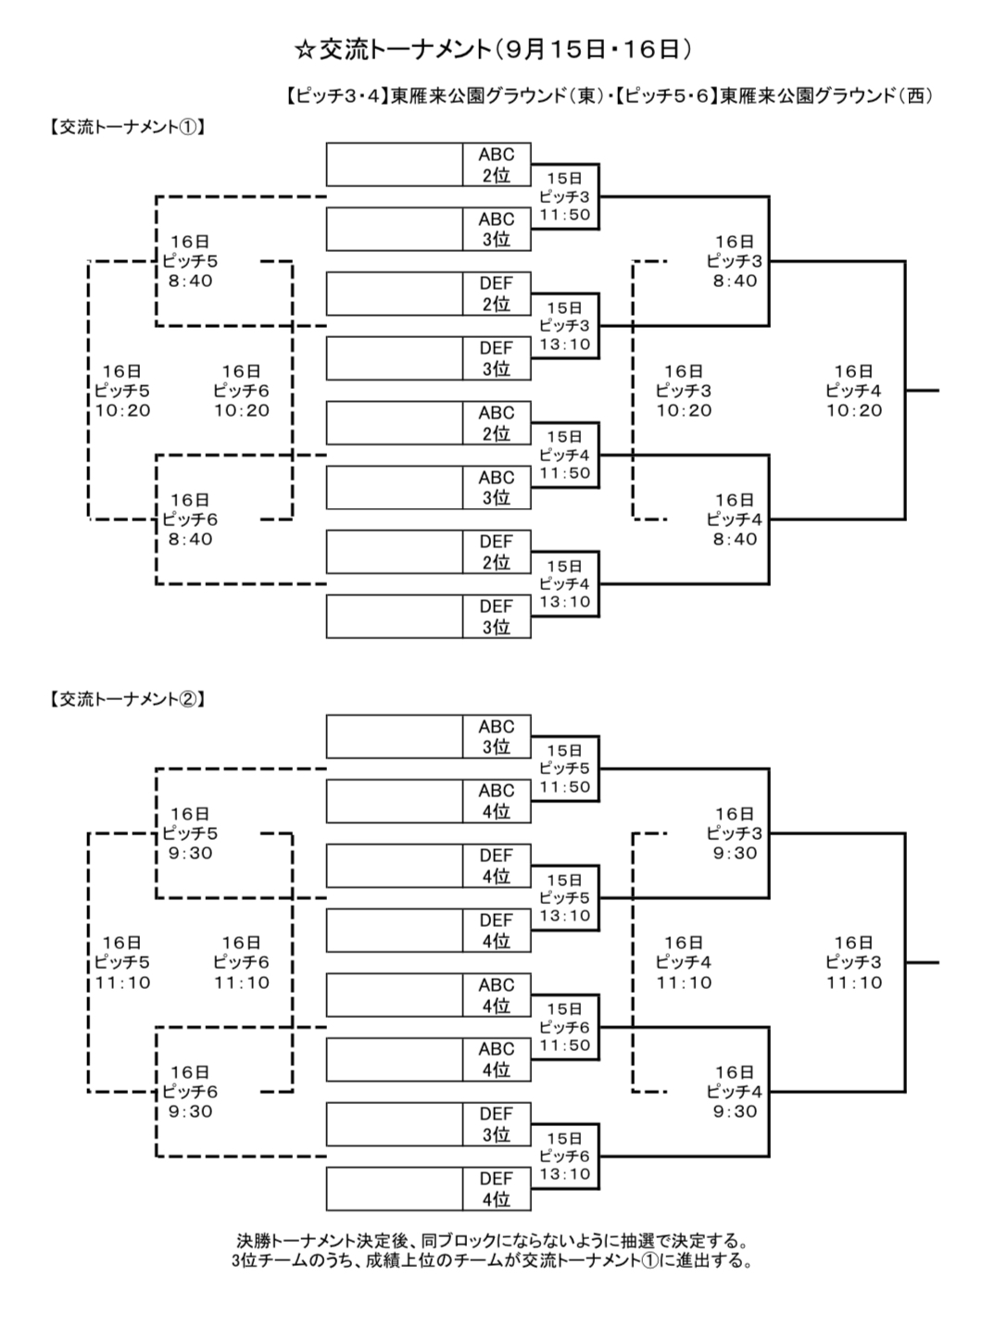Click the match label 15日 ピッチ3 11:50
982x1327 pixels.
(x=564, y=196)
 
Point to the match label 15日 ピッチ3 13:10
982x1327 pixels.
(x=564, y=326)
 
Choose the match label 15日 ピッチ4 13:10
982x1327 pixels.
(x=564, y=584)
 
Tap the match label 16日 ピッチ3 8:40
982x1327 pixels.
(x=735, y=261)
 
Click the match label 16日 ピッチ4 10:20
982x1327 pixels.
(x=853, y=391)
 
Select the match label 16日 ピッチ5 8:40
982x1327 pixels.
(x=190, y=261)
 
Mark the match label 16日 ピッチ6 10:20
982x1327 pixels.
(x=242, y=391)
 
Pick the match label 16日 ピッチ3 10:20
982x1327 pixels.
(x=684, y=391)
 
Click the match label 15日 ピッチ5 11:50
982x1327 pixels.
(x=564, y=769)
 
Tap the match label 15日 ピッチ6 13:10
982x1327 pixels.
(x=564, y=1156)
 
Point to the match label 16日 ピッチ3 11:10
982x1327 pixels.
(x=853, y=963)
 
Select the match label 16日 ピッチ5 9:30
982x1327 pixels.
(x=190, y=833)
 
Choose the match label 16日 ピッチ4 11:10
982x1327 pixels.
(x=684, y=963)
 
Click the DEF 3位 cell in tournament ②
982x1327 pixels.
(x=497, y=1124)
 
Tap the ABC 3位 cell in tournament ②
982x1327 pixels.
(x=497, y=736)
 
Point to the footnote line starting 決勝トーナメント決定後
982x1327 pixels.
(x=491, y=1240)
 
